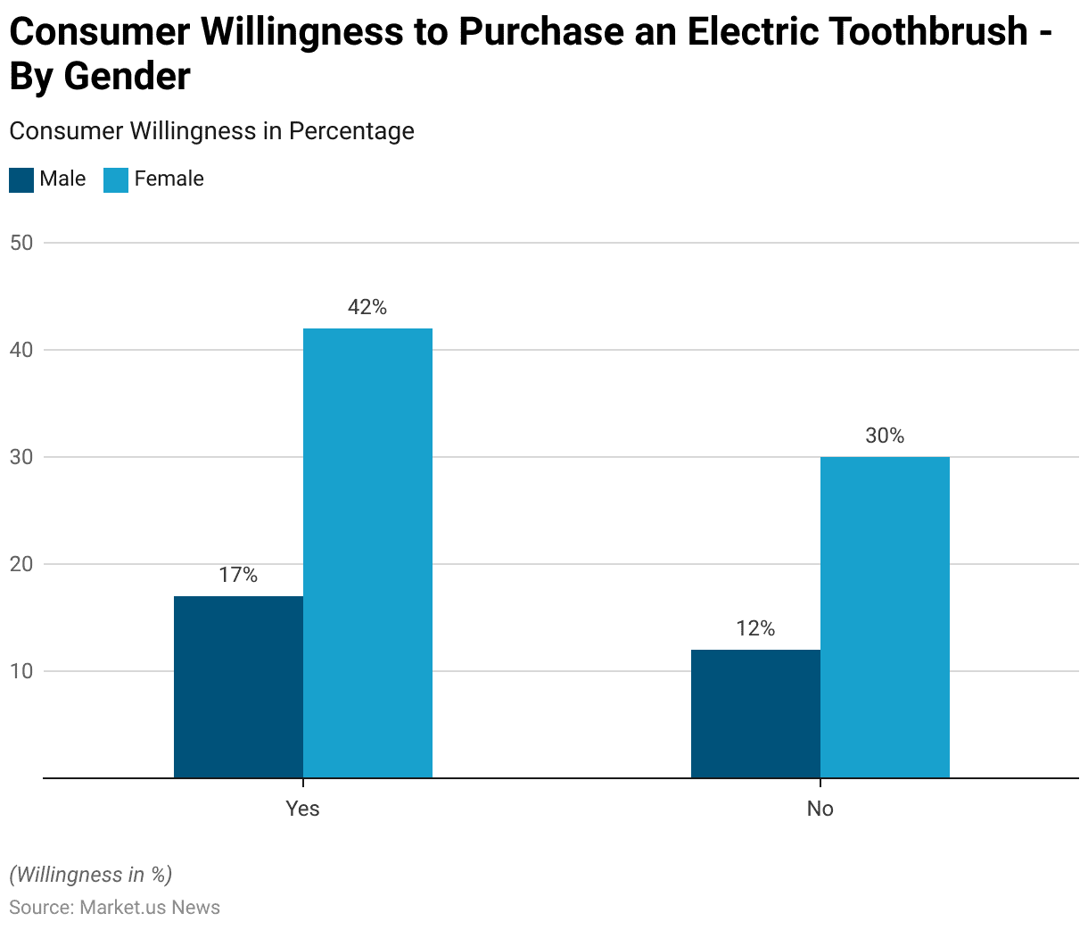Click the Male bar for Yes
coord(238,687)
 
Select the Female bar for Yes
coord(367,553)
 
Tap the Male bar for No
coord(755,714)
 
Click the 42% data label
coord(367,308)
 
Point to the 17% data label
coord(238,576)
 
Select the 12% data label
coord(755,629)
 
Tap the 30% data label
coord(885,436)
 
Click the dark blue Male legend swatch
coord(21,179)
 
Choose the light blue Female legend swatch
coord(116,179)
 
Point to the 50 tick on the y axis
coord(21,243)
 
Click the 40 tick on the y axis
coord(21,350)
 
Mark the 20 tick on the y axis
coord(21,564)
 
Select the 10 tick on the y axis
coord(21,671)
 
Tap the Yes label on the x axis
coord(302,809)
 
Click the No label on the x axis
coord(820,809)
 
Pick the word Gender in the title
coord(127,77)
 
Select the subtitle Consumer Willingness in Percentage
coord(211,131)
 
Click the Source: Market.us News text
coord(114,908)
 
